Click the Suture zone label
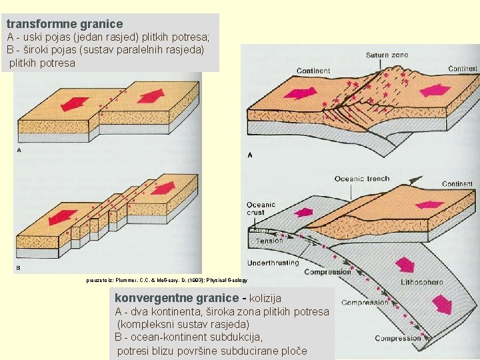pos(387,55)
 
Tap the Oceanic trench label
pos(361,178)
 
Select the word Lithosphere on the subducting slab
pos(421,282)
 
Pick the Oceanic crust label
pos(261,209)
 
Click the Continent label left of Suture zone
pos(313,71)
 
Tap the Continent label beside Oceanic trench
pos(457,184)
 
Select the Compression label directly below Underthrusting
pos(327,272)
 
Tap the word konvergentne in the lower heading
pos(157,297)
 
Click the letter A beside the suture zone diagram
pos(250,155)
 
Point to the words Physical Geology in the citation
pos(225,281)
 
